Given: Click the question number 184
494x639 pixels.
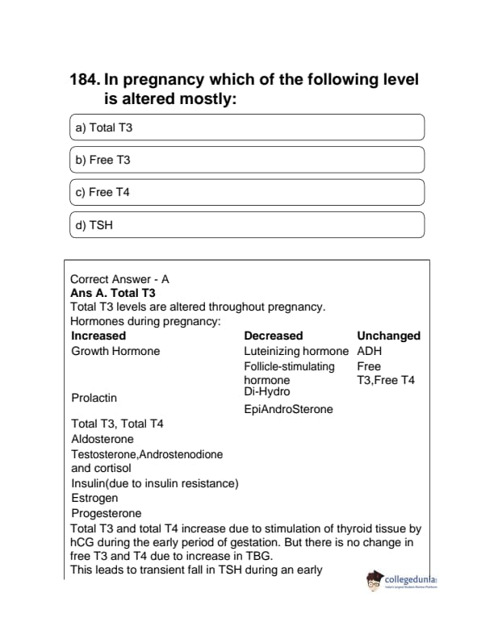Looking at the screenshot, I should (x=86, y=81).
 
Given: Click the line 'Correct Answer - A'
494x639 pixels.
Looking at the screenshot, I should (x=120, y=279).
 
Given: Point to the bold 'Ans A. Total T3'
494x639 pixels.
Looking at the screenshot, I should (x=113, y=293).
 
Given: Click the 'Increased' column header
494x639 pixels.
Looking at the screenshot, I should (x=98, y=336).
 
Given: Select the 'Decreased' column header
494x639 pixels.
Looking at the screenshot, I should (x=273, y=336).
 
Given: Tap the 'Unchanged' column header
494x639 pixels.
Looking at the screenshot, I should (x=388, y=336).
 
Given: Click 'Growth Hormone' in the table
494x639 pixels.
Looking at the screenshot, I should (x=115, y=351).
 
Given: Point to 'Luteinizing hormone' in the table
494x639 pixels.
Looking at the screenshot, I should (x=296, y=351).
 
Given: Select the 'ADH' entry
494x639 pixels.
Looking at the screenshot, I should (x=369, y=351).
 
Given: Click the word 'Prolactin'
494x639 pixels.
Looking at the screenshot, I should (x=94, y=398).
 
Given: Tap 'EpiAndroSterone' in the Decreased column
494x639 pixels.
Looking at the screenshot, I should (x=288, y=409).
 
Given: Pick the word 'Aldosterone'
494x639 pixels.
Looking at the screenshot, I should (x=103, y=439).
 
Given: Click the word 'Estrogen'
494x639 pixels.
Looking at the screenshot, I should (x=94, y=498).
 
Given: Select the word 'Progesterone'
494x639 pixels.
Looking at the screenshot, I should (x=107, y=513).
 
